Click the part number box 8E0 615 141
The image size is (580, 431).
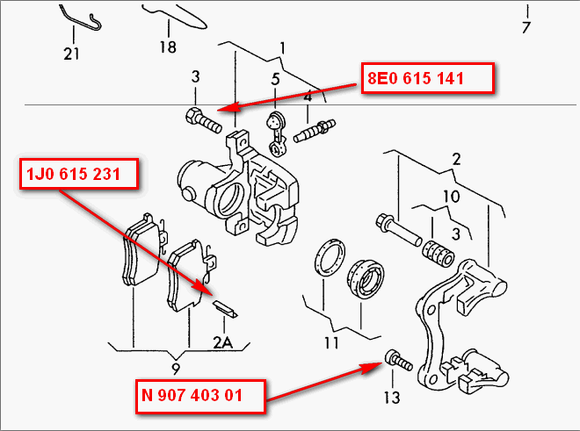pyautogui.click(x=428, y=78)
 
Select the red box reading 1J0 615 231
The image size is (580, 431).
pyautogui.click(x=76, y=176)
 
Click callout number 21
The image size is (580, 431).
pyautogui.click(x=71, y=54)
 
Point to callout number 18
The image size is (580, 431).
pyautogui.click(x=167, y=47)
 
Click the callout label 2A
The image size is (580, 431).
pyautogui.click(x=223, y=344)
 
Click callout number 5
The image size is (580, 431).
pyautogui.click(x=275, y=80)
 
